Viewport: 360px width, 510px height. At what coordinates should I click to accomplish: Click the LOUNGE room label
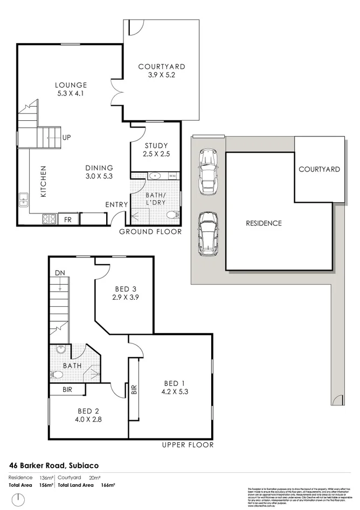pos(71,85)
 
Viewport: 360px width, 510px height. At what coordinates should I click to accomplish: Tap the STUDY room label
pos(156,146)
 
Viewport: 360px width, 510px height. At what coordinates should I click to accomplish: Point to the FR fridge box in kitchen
pos(68,220)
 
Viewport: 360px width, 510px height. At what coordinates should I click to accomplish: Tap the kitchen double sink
pos(24,200)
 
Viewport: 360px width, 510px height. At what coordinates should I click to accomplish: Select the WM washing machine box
pos(172,176)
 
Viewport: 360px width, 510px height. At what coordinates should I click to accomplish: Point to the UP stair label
pos(66,137)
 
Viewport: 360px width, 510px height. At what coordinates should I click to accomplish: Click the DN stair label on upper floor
pos(59,274)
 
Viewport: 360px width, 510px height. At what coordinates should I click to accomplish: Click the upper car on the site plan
pos(207,171)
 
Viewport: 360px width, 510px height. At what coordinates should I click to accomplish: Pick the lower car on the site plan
pos(207,234)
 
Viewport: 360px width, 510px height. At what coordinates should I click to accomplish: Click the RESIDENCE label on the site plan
pos(264,223)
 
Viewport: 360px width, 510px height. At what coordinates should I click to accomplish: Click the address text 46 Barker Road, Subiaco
pos(54,465)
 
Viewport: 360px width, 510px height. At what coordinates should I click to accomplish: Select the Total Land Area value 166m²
pos(108,485)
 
